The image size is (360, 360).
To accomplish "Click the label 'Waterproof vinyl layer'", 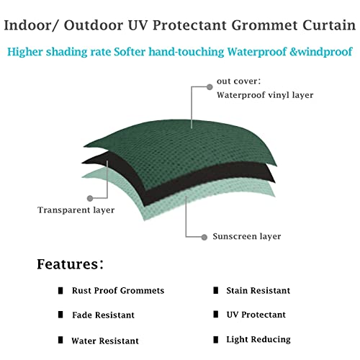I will (265, 95).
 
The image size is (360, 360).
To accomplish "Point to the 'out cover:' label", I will (238, 81).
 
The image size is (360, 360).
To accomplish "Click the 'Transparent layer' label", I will (71, 210).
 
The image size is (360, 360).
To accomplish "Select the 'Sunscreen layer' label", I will (246, 236).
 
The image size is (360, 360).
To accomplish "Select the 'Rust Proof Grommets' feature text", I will (118, 291).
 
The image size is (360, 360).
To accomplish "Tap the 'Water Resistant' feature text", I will (105, 341).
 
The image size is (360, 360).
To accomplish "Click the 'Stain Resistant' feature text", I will (258, 291).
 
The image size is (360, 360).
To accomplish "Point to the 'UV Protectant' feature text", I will (256, 315).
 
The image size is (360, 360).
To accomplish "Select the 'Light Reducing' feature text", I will (258, 339).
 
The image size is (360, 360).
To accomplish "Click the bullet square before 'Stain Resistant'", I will (215, 291).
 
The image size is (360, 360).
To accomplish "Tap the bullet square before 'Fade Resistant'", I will (61, 315).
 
